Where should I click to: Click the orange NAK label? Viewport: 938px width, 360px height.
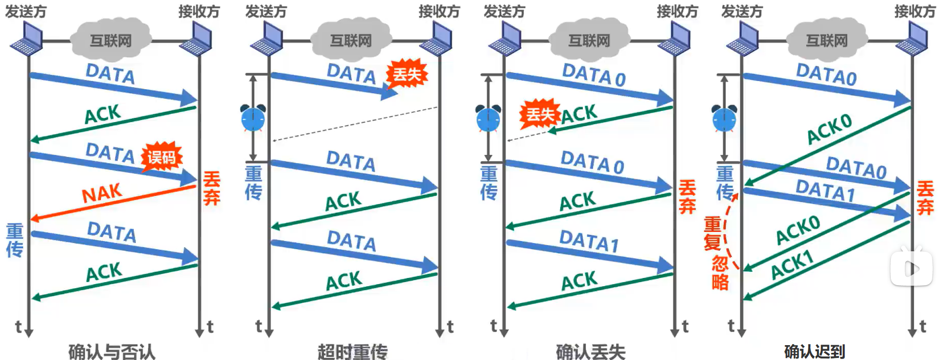coord(101,194)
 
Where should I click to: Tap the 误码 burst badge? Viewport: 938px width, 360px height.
coord(161,157)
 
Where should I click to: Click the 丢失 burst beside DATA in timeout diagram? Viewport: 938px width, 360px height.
coord(407,74)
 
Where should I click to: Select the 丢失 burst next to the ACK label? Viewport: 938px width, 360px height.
coord(540,114)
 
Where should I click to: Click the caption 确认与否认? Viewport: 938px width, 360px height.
coord(112,351)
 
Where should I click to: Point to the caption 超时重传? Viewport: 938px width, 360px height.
coord(352,351)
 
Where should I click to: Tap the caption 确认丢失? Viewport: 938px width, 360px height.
coord(590,351)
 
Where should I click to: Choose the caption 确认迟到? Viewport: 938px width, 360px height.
coord(814,351)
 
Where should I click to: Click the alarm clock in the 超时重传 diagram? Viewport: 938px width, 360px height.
coord(253,118)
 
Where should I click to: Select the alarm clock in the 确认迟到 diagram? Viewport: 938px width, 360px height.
coord(724,118)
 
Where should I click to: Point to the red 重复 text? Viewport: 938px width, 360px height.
coord(712,233)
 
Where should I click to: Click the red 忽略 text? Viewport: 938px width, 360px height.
coord(720,273)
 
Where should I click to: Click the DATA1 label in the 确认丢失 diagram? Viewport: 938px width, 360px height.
coord(588,241)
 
